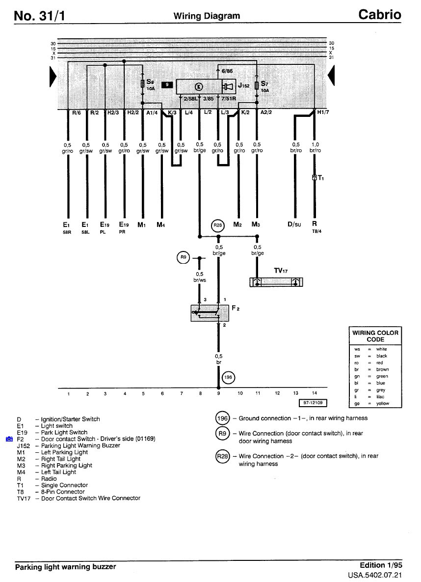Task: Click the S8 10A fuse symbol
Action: point(143,83)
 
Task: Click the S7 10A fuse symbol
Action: point(257,84)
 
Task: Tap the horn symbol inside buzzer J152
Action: point(228,87)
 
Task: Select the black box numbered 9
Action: point(167,85)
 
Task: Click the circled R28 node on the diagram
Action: point(218,225)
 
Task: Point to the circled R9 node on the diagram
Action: point(183,257)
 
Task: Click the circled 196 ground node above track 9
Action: point(228,378)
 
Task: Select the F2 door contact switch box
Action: point(210,313)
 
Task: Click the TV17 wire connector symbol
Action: point(276,282)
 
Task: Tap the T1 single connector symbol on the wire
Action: point(315,177)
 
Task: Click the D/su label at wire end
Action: point(294,224)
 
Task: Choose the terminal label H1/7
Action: point(323,112)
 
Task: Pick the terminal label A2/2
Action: point(266,112)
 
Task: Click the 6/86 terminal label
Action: point(227,71)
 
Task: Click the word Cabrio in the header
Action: point(379,15)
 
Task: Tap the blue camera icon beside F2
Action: point(9,439)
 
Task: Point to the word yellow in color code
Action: point(383,403)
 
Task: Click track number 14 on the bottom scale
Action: point(314,393)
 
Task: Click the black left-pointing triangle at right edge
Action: point(331,75)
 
